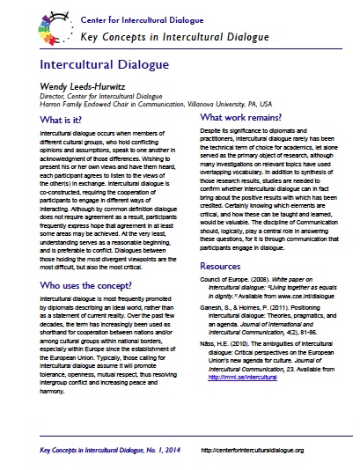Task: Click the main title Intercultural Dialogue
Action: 103,66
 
